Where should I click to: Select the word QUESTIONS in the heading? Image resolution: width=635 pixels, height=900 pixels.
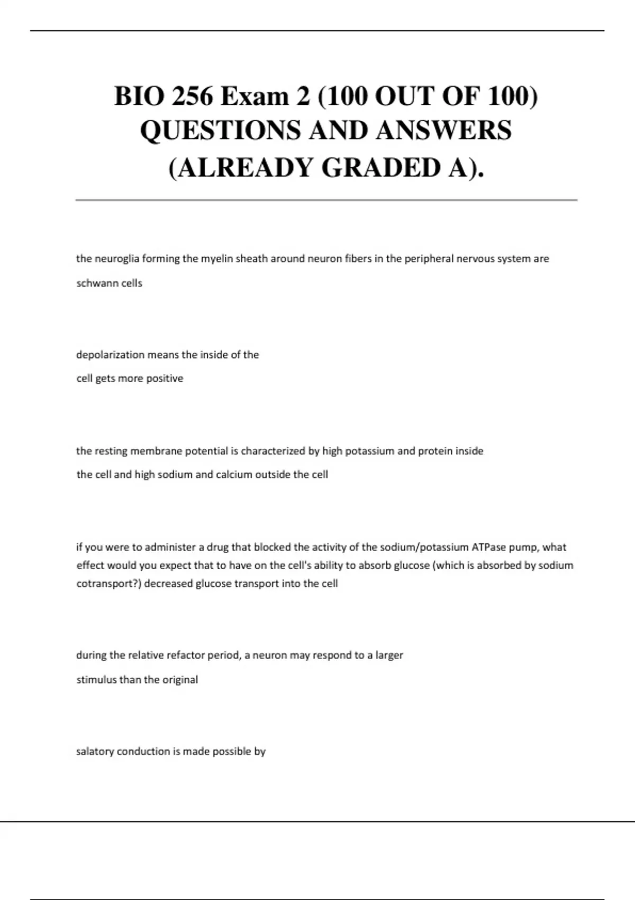click(x=220, y=131)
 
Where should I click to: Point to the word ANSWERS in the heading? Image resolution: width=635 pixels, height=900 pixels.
click(x=443, y=131)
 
